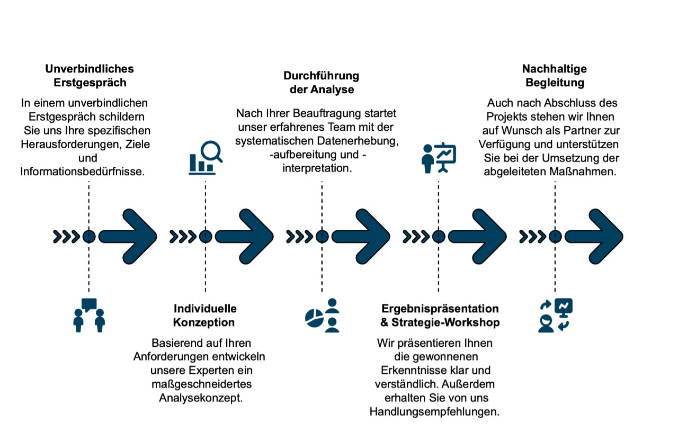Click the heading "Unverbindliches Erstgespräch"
[x=90, y=76]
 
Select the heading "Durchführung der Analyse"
[x=322, y=83]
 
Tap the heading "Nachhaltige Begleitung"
[x=555, y=76]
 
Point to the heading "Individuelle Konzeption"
[x=204, y=316]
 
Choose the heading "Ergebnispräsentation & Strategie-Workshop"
[x=440, y=316]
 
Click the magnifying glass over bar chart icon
[x=206, y=158]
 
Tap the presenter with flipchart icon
[x=439, y=158]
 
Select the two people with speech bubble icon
[x=89, y=316]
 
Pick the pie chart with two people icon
[x=322, y=316]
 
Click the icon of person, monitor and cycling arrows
[x=555, y=316]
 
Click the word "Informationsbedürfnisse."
[x=83, y=172]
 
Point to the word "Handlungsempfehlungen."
[x=435, y=412]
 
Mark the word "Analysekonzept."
[x=201, y=398]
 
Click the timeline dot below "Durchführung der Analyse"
[x=322, y=237]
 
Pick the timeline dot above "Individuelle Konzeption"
[x=206, y=237]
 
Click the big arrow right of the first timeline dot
[x=128, y=237]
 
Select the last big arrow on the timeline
[x=594, y=237]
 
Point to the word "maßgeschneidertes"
[x=202, y=384]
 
